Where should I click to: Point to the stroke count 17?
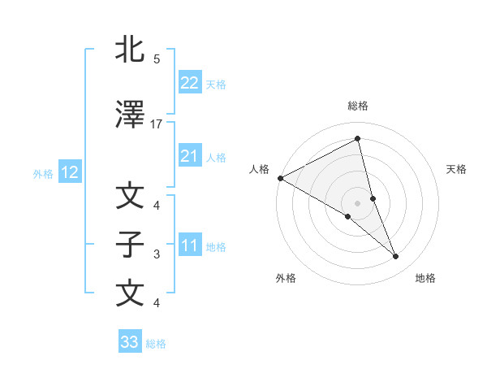(x=157, y=124)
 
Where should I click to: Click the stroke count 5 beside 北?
(x=157, y=59)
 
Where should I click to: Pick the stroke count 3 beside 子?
(x=157, y=254)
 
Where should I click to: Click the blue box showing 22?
(x=189, y=82)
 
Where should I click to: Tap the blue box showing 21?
(x=189, y=156)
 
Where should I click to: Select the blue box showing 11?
(x=189, y=245)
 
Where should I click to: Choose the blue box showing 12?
(x=69, y=172)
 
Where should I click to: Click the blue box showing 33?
(x=130, y=342)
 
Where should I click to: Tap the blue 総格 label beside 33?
(x=156, y=344)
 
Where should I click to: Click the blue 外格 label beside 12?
(x=43, y=173)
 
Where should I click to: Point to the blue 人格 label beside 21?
(x=216, y=157)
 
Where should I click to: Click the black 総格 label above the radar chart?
(x=358, y=106)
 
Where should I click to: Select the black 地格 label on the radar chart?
(x=425, y=278)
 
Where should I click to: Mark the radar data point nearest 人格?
(x=280, y=178)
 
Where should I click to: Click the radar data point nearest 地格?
(x=396, y=257)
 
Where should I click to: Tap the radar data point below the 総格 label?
(x=357, y=139)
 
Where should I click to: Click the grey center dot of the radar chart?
(x=357, y=202)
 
